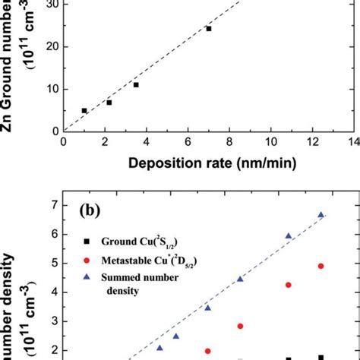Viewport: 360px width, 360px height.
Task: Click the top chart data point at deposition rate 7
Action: point(209,29)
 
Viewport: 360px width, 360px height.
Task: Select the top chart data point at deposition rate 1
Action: point(84,111)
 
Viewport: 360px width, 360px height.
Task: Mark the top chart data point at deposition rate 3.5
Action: point(136,85)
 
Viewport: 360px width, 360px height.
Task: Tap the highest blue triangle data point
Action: point(321,215)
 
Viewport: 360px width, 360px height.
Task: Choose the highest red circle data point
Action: point(321,266)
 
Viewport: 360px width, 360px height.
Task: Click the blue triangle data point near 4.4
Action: point(240,279)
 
